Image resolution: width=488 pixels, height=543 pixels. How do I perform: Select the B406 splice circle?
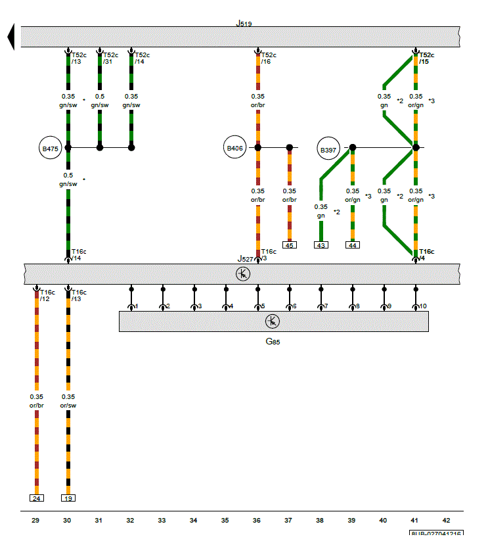(234, 149)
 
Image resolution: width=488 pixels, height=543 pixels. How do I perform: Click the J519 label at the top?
(244, 23)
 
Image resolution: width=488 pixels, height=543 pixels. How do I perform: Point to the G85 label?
(273, 342)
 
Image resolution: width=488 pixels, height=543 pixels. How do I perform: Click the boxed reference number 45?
(289, 245)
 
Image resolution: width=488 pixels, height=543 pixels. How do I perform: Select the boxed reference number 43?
(321, 245)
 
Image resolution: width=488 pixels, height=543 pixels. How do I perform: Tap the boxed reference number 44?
(352, 245)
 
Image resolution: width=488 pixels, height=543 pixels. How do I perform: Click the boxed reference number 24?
(36, 498)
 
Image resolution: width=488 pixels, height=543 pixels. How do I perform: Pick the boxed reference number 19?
(68, 498)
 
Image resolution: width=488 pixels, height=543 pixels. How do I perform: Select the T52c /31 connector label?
(110, 59)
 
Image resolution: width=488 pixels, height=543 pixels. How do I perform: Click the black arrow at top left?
(11, 36)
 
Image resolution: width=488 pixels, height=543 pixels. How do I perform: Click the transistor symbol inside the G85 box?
(273, 321)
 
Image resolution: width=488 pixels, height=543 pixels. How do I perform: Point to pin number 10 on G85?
(422, 306)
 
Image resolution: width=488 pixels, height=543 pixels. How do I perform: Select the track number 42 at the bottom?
(447, 521)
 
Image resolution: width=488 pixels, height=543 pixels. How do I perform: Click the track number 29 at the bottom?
(35, 521)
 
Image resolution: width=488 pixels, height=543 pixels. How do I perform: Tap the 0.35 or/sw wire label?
(68, 401)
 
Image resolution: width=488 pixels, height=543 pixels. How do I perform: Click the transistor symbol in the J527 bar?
(243, 273)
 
